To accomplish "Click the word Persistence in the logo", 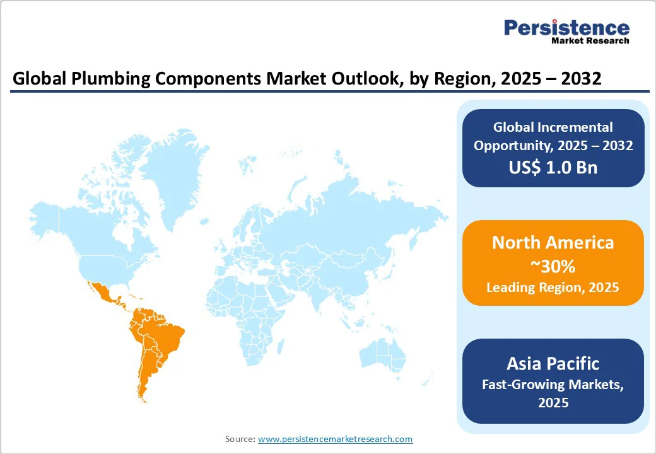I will [566, 28].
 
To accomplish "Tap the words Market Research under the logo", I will [590, 41].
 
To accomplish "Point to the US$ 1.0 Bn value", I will [553, 168].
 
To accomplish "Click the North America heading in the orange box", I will [553, 243].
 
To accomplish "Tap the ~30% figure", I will [553, 265].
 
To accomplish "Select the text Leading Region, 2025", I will [553, 288].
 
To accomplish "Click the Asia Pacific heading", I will [553, 363].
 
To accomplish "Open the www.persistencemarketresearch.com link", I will [335, 439].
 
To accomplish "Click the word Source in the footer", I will [240, 439].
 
